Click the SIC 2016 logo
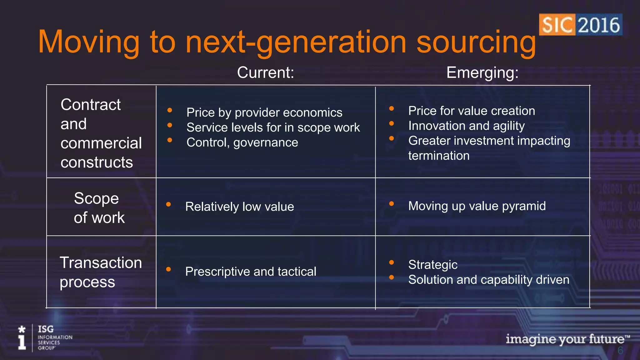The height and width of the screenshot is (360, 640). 580,25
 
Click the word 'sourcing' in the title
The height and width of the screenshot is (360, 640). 476,42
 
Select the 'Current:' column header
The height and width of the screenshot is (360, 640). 265,72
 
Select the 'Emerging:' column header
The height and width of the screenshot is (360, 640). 482,72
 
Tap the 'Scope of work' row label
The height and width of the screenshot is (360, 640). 99,208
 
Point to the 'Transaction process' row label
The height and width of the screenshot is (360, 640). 101,272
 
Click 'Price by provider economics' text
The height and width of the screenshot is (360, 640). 264,112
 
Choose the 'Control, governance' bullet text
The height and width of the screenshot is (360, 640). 242,142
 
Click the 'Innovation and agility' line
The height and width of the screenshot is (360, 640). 466,126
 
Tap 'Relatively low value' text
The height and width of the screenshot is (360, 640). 239,207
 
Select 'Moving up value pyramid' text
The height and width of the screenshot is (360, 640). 477,206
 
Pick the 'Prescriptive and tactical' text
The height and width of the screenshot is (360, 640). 251,271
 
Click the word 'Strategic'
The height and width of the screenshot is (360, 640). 433,265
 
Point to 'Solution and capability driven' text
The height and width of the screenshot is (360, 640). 489,280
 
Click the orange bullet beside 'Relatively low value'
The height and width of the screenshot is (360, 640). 168,204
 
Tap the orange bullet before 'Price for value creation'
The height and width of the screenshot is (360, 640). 391,109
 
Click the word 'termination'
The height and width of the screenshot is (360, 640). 439,156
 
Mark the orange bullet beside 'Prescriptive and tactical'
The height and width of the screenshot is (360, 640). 168,269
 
